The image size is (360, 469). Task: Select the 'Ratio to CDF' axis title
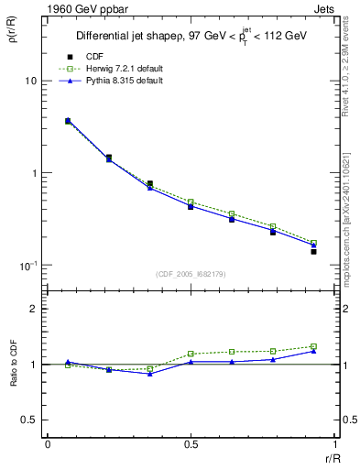click(13, 364)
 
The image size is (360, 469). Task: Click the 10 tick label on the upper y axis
click(30, 81)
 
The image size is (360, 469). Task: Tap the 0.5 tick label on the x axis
click(190, 444)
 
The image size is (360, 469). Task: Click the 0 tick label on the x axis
click(47, 444)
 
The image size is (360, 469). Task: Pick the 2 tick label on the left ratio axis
click(34, 309)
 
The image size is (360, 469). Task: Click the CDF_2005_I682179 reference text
click(190, 275)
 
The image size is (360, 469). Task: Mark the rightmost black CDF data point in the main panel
click(313, 251)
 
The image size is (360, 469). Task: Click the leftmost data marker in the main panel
click(68, 120)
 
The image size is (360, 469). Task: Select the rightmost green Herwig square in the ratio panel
click(313, 346)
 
